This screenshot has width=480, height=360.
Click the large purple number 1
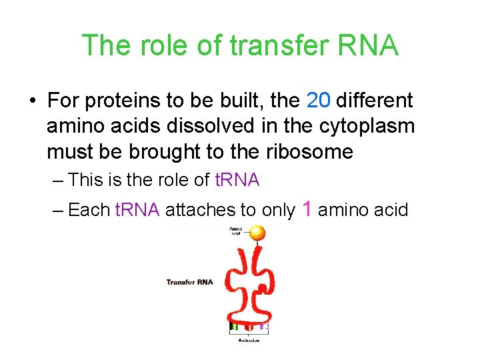(x=307, y=209)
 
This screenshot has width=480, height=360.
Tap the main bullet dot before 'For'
(x=32, y=101)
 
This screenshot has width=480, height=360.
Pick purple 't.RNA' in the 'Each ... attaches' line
(x=137, y=211)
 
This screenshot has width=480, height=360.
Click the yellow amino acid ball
(x=257, y=233)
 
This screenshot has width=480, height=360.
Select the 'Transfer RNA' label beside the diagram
(x=189, y=282)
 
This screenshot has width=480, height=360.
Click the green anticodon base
(x=233, y=327)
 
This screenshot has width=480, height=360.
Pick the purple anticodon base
(x=264, y=327)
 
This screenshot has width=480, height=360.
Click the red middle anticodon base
(x=249, y=327)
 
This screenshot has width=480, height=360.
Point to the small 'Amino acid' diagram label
(x=236, y=231)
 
